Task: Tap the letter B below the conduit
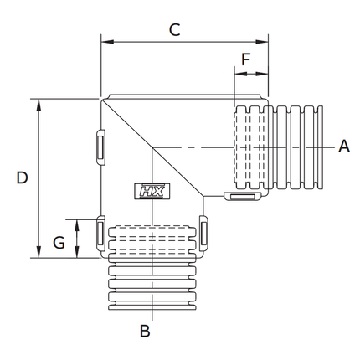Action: tap(144, 331)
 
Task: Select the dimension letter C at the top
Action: tap(174, 30)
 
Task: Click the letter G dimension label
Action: tap(59, 243)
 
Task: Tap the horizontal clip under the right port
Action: tap(243, 197)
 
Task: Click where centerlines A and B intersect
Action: tap(152, 147)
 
